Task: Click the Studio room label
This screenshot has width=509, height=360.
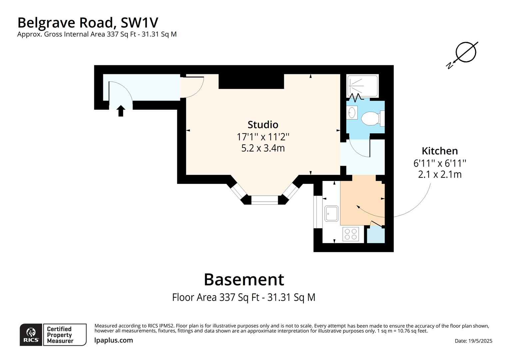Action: pos(263,125)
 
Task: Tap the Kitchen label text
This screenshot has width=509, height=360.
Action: pos(439,151)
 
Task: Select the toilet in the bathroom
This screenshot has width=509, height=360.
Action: pos(371,118)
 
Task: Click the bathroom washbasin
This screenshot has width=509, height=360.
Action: pos(352,113)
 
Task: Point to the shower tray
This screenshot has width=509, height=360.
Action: pos(362,86)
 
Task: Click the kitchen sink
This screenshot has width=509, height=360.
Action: pos(331,213)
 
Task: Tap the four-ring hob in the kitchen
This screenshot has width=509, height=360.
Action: pos(351,234)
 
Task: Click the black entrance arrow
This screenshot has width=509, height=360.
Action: pos(121,111)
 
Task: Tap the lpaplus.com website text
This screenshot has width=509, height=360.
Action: pos(114,340)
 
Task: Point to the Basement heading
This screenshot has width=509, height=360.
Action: pos(244,279)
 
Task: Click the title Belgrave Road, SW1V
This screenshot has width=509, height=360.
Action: pos(88,23)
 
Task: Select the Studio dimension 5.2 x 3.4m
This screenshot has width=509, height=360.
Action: pos(263,148)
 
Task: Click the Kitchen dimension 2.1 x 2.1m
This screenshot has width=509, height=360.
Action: pos(439,174)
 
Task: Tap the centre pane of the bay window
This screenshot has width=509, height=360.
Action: pos(264,200)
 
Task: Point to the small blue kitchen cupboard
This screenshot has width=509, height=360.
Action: pos(376,235)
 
